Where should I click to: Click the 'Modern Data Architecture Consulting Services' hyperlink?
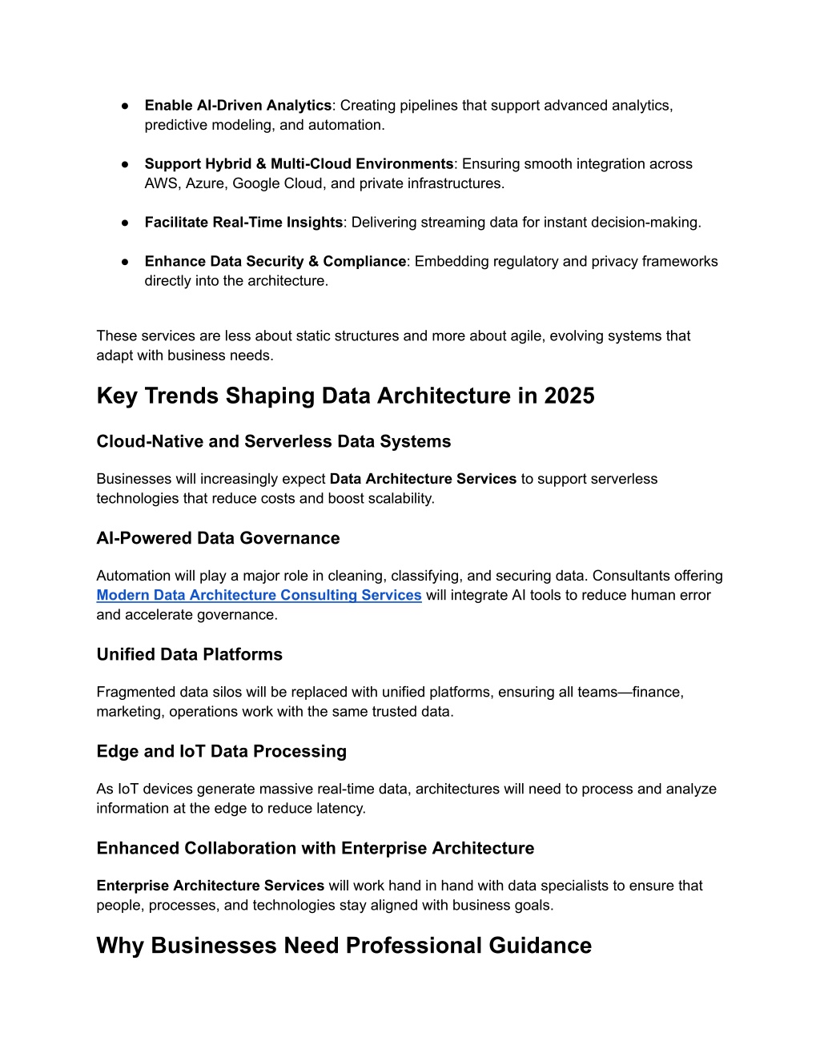click(x=259, y=595)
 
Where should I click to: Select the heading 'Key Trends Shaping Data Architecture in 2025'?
click(x=345, y=396)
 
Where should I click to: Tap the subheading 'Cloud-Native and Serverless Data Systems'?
click(x=273, y=441)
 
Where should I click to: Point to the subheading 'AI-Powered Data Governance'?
click(x=218, y=538)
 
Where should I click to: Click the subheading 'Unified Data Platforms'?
click(x=189, y=654)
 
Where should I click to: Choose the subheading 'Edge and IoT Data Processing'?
click(x=221, y=751)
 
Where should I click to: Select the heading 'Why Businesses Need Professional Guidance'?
click(x=344, y=945)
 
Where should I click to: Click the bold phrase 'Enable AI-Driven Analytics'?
click(x=238, y=106)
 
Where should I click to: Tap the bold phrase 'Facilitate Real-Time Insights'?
click(x=243, y=223)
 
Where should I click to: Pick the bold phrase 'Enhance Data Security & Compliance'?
click(x=275, y=261)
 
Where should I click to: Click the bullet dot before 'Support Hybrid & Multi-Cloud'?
click(x=126, y=164)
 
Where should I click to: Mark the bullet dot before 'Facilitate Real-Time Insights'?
click(x=126, y=223)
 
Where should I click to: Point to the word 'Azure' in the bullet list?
click(x=205, y=183)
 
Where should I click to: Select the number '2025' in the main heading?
click(x=569, y=396)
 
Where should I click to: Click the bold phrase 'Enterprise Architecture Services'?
click(x=210, y=886)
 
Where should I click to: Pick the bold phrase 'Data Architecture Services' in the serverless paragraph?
click(x=423, y=479)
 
